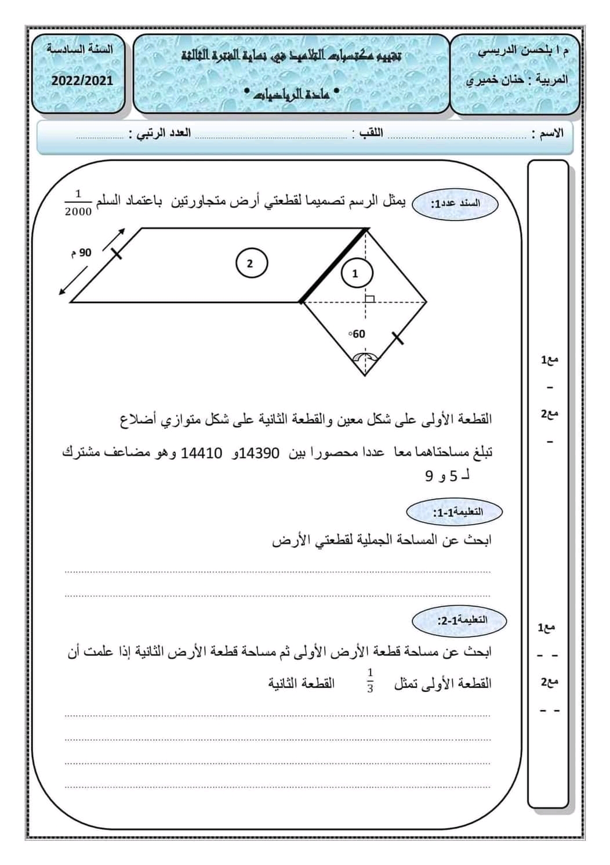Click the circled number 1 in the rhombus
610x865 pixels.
[x=355, y=273]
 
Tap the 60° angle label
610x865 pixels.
[x=357, y=334]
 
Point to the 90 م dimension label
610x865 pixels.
[x=82, y=253]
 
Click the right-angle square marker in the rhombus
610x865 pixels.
[x=369, y=298]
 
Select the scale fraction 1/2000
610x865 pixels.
[x=78, y=203]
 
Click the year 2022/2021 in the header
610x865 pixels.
[x=82, y=81]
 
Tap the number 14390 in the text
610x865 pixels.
[x=259, y=453]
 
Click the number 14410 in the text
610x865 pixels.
[x=202, y=453]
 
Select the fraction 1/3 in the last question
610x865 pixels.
[x=370, y=680]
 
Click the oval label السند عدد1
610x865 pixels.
[x=455, y=204]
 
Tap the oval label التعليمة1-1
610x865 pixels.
[x=454, y=512]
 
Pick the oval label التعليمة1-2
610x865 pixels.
[x=459, y=620]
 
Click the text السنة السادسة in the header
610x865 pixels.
[x=80, y=49]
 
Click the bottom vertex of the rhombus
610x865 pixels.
[x=365, y=375]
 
